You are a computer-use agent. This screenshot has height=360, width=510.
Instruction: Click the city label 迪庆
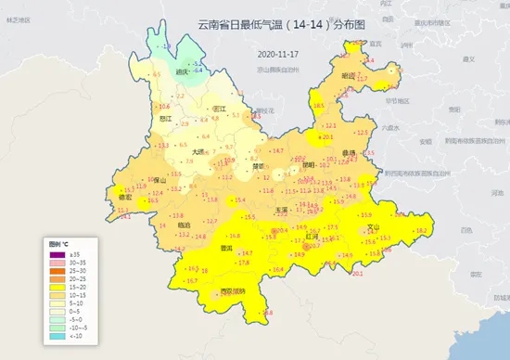182,71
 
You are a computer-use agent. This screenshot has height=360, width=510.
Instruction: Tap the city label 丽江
220,109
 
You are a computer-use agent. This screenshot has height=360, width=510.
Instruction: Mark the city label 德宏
125,196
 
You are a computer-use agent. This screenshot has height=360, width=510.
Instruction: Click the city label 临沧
182,225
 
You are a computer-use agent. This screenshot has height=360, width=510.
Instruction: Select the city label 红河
312,237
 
